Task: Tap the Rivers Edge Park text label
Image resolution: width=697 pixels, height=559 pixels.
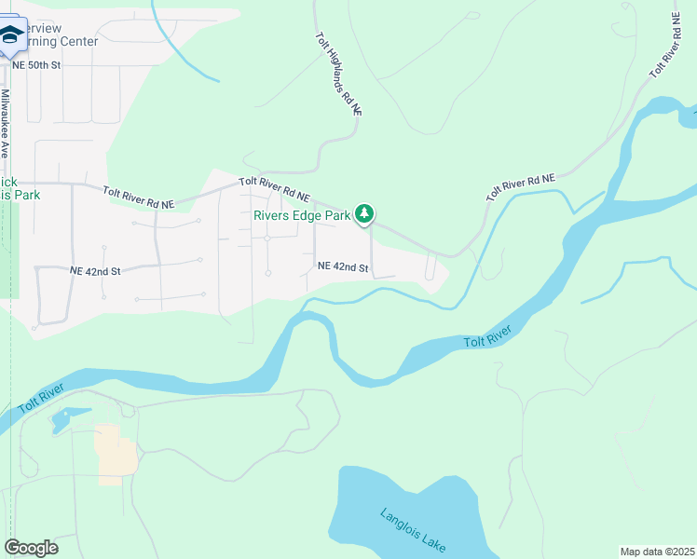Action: (302, 215)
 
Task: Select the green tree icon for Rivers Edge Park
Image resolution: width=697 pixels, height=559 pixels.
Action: (365, 215)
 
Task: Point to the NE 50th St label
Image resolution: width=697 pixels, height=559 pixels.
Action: (37, 65)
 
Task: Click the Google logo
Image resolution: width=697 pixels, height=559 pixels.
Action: (31, 547)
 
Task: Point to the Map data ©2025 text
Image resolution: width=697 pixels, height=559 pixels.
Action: (656, 552)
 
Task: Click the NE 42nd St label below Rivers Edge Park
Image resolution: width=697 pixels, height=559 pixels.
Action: (343, 267)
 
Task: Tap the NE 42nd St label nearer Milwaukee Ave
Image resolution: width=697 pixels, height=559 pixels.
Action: (95, 271)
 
